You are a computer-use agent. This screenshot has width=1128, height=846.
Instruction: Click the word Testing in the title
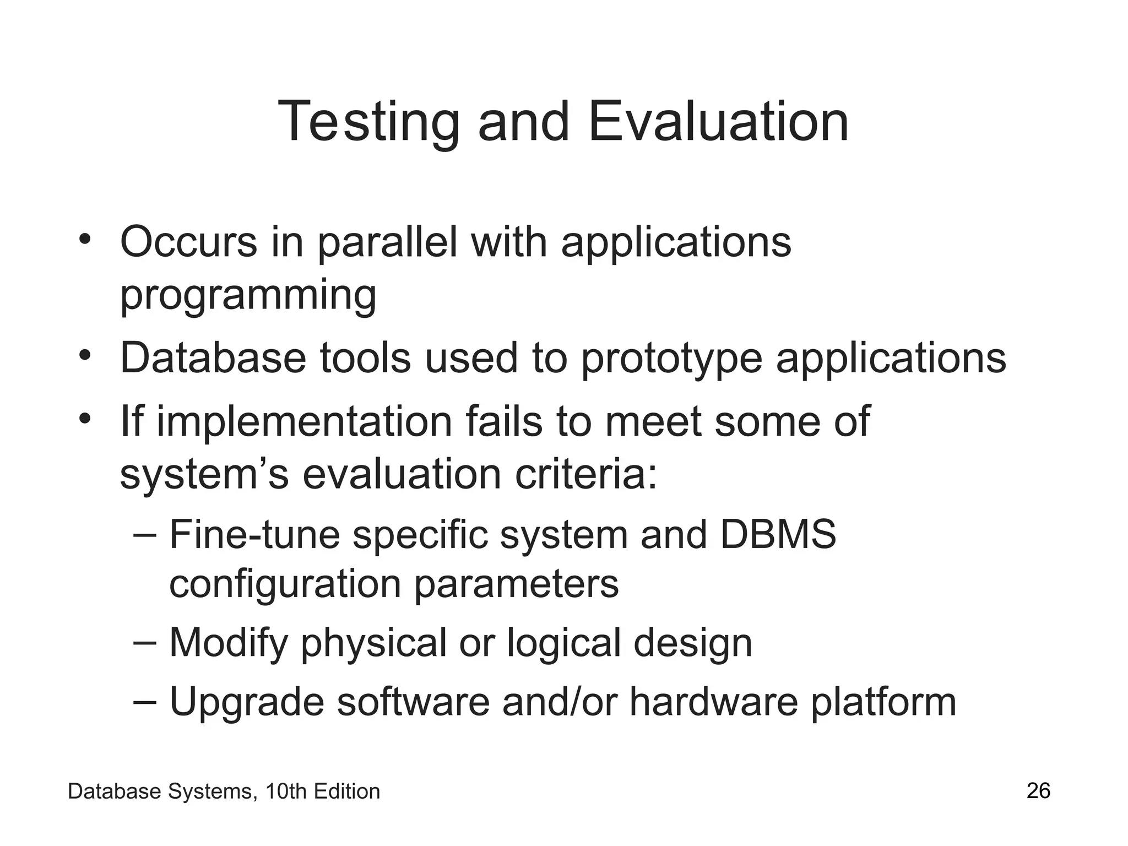(x=368, y=122)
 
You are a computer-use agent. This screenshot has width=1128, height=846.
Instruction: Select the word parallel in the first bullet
(x=387, y=243)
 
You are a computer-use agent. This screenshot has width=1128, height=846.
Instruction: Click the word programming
(x=248, y=296)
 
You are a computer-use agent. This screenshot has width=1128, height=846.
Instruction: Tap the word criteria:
(x=586, y=474)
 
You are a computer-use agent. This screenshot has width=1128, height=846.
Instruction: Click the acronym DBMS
(x=778, y=534)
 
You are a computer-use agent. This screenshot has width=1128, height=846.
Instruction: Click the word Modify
(x=229, y=643)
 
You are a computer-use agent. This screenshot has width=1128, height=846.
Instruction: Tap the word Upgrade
(x=246, y=702)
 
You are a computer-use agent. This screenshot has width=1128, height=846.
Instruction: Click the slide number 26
(x=1038, y=791)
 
